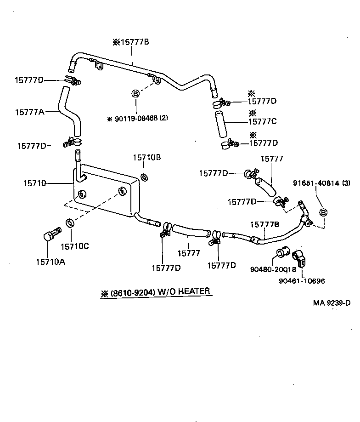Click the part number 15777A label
click(29, 111)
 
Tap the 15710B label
click(147, 157)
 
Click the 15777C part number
click(263, 122)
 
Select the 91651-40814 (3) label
click(322, 183)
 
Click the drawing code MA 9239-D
click(332, 303)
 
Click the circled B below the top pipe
click(135, 94)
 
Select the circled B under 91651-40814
click(323, 212)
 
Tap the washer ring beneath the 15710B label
click(143, 177)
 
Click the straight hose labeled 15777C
click(221, 125)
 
